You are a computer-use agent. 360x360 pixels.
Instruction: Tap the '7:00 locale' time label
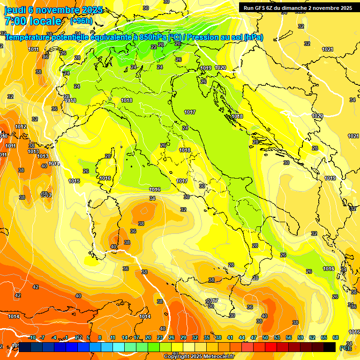[x=33, y=21]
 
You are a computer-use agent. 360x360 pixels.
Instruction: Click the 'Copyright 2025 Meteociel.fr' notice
[x=199, y=356]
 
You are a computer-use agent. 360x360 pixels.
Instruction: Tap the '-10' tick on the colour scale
[x=32, y=337]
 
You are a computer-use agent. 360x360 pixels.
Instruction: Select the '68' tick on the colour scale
[x=336, y=337]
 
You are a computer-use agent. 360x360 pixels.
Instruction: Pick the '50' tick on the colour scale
[x=265, y=337]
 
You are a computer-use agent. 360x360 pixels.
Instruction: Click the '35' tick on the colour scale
[x=207, y=337]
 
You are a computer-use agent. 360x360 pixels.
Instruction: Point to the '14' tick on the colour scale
[x=125, y=337]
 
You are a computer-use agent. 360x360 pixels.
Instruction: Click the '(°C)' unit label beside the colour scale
[x=344, y=348]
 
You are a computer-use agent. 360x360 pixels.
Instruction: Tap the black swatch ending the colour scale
[x=330, y=347]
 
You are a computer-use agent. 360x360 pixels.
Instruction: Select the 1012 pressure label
[x=21, y=127]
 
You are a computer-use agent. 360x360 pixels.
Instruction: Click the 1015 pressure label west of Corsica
[x=74, y=181]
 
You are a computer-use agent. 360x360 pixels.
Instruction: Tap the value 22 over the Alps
[x=154, y=47]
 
